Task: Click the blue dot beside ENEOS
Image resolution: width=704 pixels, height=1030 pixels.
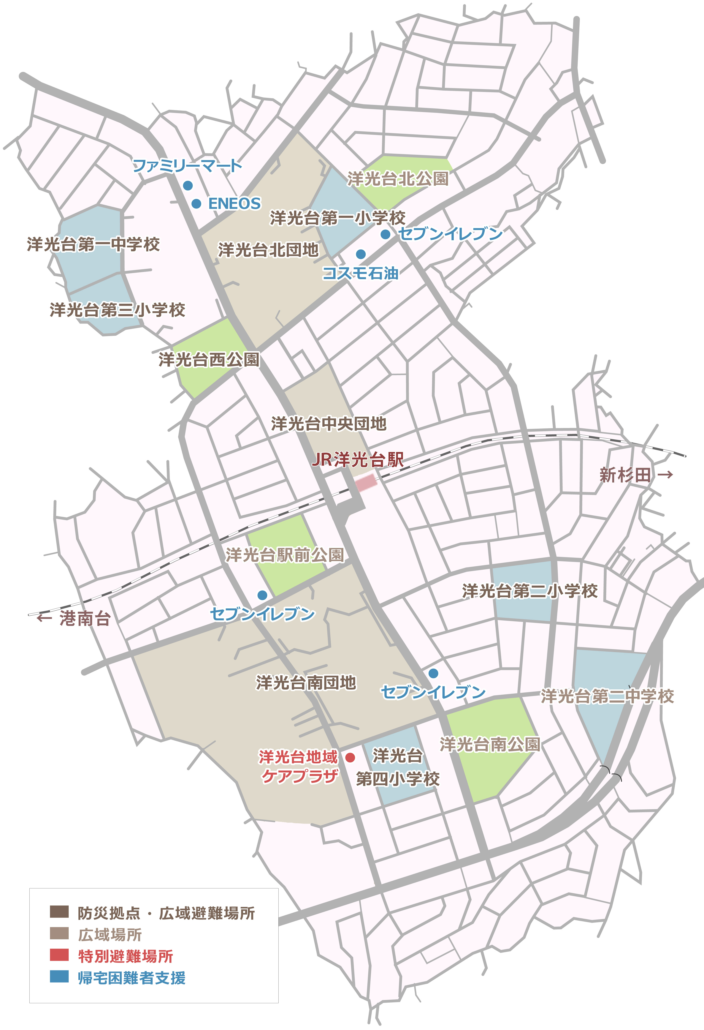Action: coord(196,203)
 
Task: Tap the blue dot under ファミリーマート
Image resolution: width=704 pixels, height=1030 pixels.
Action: coord(188,185)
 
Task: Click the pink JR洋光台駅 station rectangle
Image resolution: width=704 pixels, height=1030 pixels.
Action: coord(366,483)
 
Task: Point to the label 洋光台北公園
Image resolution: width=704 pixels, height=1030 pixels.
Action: coord(398,179)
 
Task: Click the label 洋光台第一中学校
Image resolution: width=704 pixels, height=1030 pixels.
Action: coord(93,244)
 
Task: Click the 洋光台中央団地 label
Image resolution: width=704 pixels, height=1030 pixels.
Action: coord(328,424)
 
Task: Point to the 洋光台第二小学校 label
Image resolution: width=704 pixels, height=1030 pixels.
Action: coord(530,591)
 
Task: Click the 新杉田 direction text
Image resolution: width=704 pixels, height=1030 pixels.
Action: coord(625,475)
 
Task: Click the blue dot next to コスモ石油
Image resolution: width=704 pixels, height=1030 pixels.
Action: coord(361,254)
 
